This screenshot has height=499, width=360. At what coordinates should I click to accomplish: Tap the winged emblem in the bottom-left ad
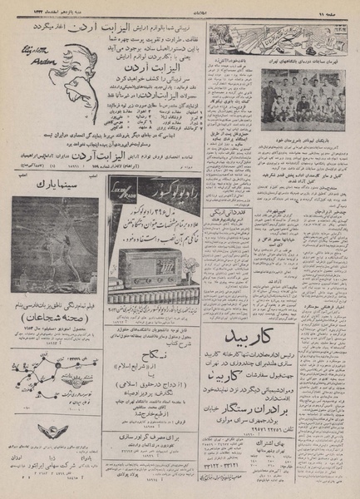(50, 431)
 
